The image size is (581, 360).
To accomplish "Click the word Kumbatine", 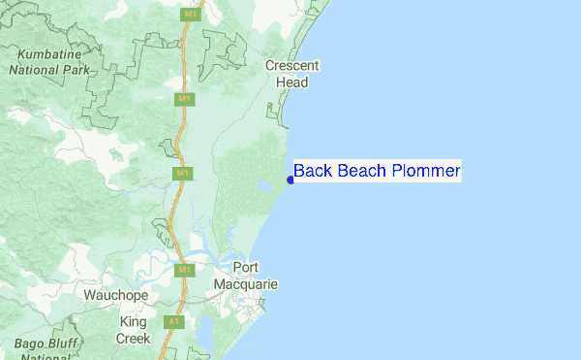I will coord(47,54).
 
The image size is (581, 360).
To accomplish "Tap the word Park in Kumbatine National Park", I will coord(74,70).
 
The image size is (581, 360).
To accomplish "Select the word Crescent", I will coord(291,66).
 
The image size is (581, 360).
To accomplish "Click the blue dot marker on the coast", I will coord(290,180).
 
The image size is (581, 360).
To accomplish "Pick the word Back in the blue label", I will coord(312,172).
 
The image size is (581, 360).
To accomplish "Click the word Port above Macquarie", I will coord(248,268).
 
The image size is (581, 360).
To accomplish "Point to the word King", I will coord(133,322).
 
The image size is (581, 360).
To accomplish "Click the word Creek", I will coord(133,338).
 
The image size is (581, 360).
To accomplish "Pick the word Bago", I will coord(30,345).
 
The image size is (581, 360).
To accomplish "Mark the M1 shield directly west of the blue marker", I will coord(181,173).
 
